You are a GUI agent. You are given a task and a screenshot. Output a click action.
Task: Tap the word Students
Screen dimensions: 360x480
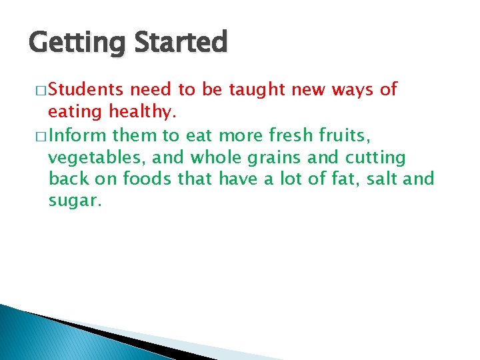coord(85,89)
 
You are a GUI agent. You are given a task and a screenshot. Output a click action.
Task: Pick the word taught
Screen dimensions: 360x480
coord(261,90)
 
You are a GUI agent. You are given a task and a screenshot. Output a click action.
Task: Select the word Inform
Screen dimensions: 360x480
coord(77,137)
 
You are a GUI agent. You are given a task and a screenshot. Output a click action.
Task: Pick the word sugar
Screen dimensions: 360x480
coord(75,201)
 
